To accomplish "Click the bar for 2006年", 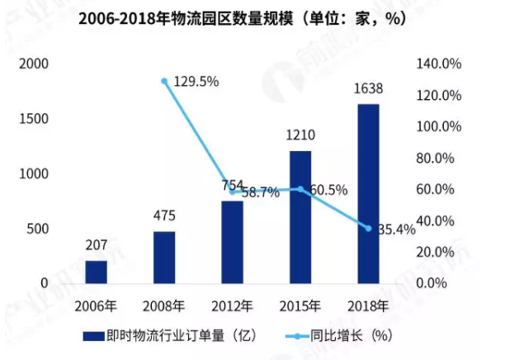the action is [x=97, y=272].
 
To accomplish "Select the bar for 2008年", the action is [x=164, y=258].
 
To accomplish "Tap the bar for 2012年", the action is [x=232, y=243].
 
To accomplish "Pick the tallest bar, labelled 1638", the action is [x=369, y=194].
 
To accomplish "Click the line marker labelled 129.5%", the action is [x=164, y=81].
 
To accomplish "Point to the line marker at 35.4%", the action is [x=369, y=228].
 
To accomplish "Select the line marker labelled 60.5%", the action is [x=300, y=189].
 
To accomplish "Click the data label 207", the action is [x=97, y=245].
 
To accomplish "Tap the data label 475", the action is [x=164, y=216].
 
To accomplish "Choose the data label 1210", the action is [x=300, y=135].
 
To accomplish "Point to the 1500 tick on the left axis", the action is [x=34, y=119].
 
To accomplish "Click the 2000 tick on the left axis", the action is [x=34, y=64].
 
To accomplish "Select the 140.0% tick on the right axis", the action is [x=439, y=64].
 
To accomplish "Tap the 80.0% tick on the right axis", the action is [x=435, y=158].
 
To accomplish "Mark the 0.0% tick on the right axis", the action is [x=432, y=283].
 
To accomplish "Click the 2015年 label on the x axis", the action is [x=300, y=306].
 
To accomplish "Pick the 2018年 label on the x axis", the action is [x=368, y=306].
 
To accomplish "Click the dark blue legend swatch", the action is [x=94, y=336].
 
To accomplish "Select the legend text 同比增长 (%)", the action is [x=352, y=336].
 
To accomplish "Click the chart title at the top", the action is [x=242, y=19].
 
